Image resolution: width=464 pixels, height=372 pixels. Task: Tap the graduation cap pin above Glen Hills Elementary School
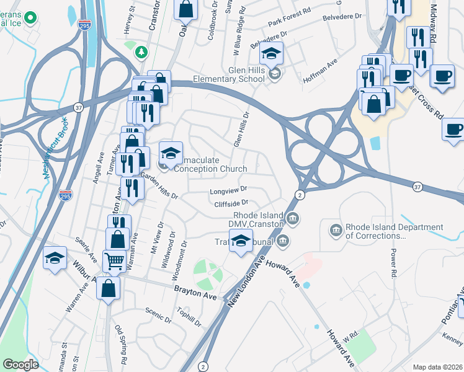coord(270,54)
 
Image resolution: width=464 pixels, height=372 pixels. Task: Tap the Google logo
coord(20,365)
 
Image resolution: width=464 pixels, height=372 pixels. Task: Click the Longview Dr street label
coord(230,190)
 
